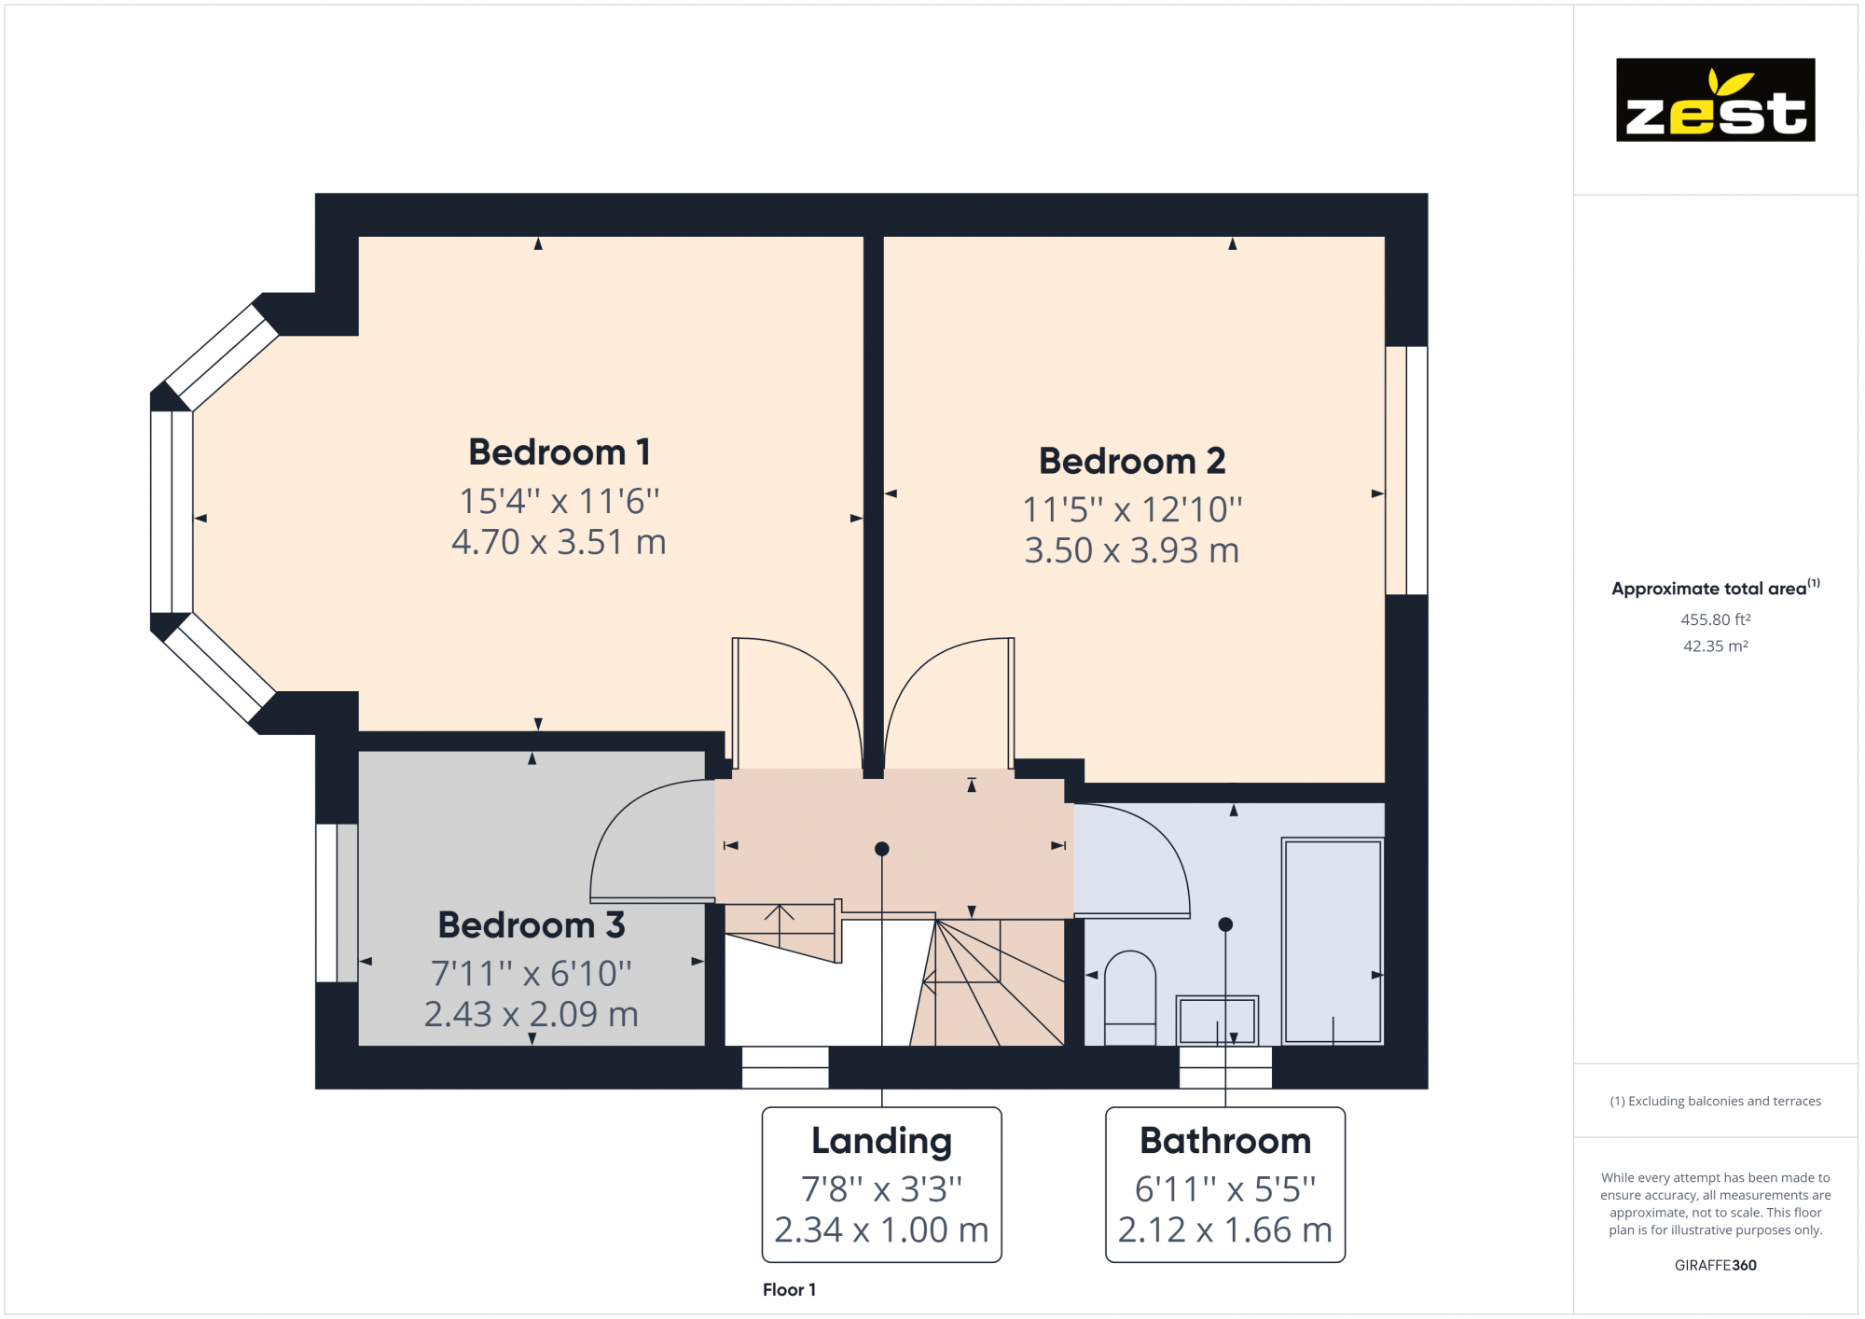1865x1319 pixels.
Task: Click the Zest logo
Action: (x=1715, y=100)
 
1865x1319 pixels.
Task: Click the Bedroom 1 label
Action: (x=559, y=452)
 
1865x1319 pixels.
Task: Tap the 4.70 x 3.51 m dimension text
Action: (x=559, y=542)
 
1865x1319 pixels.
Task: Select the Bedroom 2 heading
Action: (x=1131, y=461)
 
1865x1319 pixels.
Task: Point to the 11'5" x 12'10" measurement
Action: (x=1131, y=509)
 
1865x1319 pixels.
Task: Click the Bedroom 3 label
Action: (x=531, y=925)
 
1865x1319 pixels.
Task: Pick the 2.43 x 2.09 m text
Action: (x=531, y=1014)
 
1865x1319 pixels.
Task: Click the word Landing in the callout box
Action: (x=881, y=1141)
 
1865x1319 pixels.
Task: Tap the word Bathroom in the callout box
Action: (x=1224, y=1141)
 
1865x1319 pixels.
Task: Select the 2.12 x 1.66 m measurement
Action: (x=1224, y=1230)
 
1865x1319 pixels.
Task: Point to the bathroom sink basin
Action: (x=1216, y=1020)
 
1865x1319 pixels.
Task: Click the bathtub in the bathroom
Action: (x=1332, y=940)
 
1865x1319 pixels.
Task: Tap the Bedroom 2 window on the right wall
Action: (x=1406, y=470)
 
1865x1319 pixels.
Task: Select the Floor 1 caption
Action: (x=789, y=1290)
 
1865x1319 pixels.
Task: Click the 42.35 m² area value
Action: (x=1714, y=646)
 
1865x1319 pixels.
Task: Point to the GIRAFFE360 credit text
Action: (x=1714, y=1266)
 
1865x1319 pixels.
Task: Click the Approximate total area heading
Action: (x=1708, y=589)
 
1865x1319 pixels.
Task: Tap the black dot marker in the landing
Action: (x=881, y=849)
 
